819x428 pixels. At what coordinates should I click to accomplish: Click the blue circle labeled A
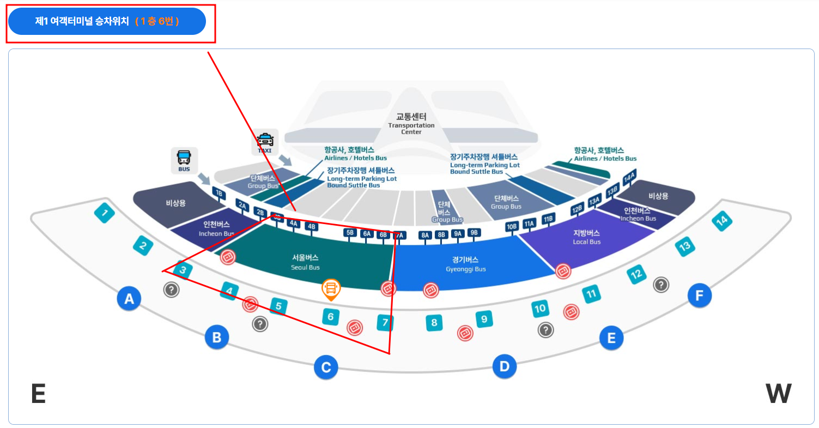pyautogui.click(x=129, y=299)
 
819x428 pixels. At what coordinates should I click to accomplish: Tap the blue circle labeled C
pyautogui.click(x=326, y=367)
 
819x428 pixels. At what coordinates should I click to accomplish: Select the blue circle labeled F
pyautogui.click(x=699, y=296)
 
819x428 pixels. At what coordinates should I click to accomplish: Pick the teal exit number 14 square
pyautogui.click(x=721, y=221)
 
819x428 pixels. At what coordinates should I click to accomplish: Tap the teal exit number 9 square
pyautogui.click(x=484, y=318)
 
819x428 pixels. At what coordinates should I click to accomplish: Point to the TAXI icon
pyautogui.click(x=265, y=141)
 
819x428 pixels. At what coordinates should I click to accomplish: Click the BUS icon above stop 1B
pyautogui.click(x=184, y=160)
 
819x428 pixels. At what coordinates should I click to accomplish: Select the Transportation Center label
pyautogui.click(x=411, y=124)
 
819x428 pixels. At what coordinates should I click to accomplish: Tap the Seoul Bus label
pyautogui.click(x=305, y=262)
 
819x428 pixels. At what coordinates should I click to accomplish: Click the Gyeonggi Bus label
pyautogui.click(x=465, y=264)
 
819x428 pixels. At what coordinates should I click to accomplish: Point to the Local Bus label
pyautogui.click(x=587, y=237)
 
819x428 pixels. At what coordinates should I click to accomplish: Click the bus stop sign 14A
pyautogui.click(x=630, y=177)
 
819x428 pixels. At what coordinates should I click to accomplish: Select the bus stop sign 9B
pyautogui.click(x=475, y=233)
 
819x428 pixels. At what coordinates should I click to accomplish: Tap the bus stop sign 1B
pyautogui.click(x=219, y=193)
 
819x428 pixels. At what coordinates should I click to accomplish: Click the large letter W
pyautogui.click(x=778, y=394)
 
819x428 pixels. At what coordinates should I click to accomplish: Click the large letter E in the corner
pyautogui.click(x=38, y=394)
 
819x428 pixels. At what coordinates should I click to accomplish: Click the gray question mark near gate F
pyautogui.click(x=661, y=284)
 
